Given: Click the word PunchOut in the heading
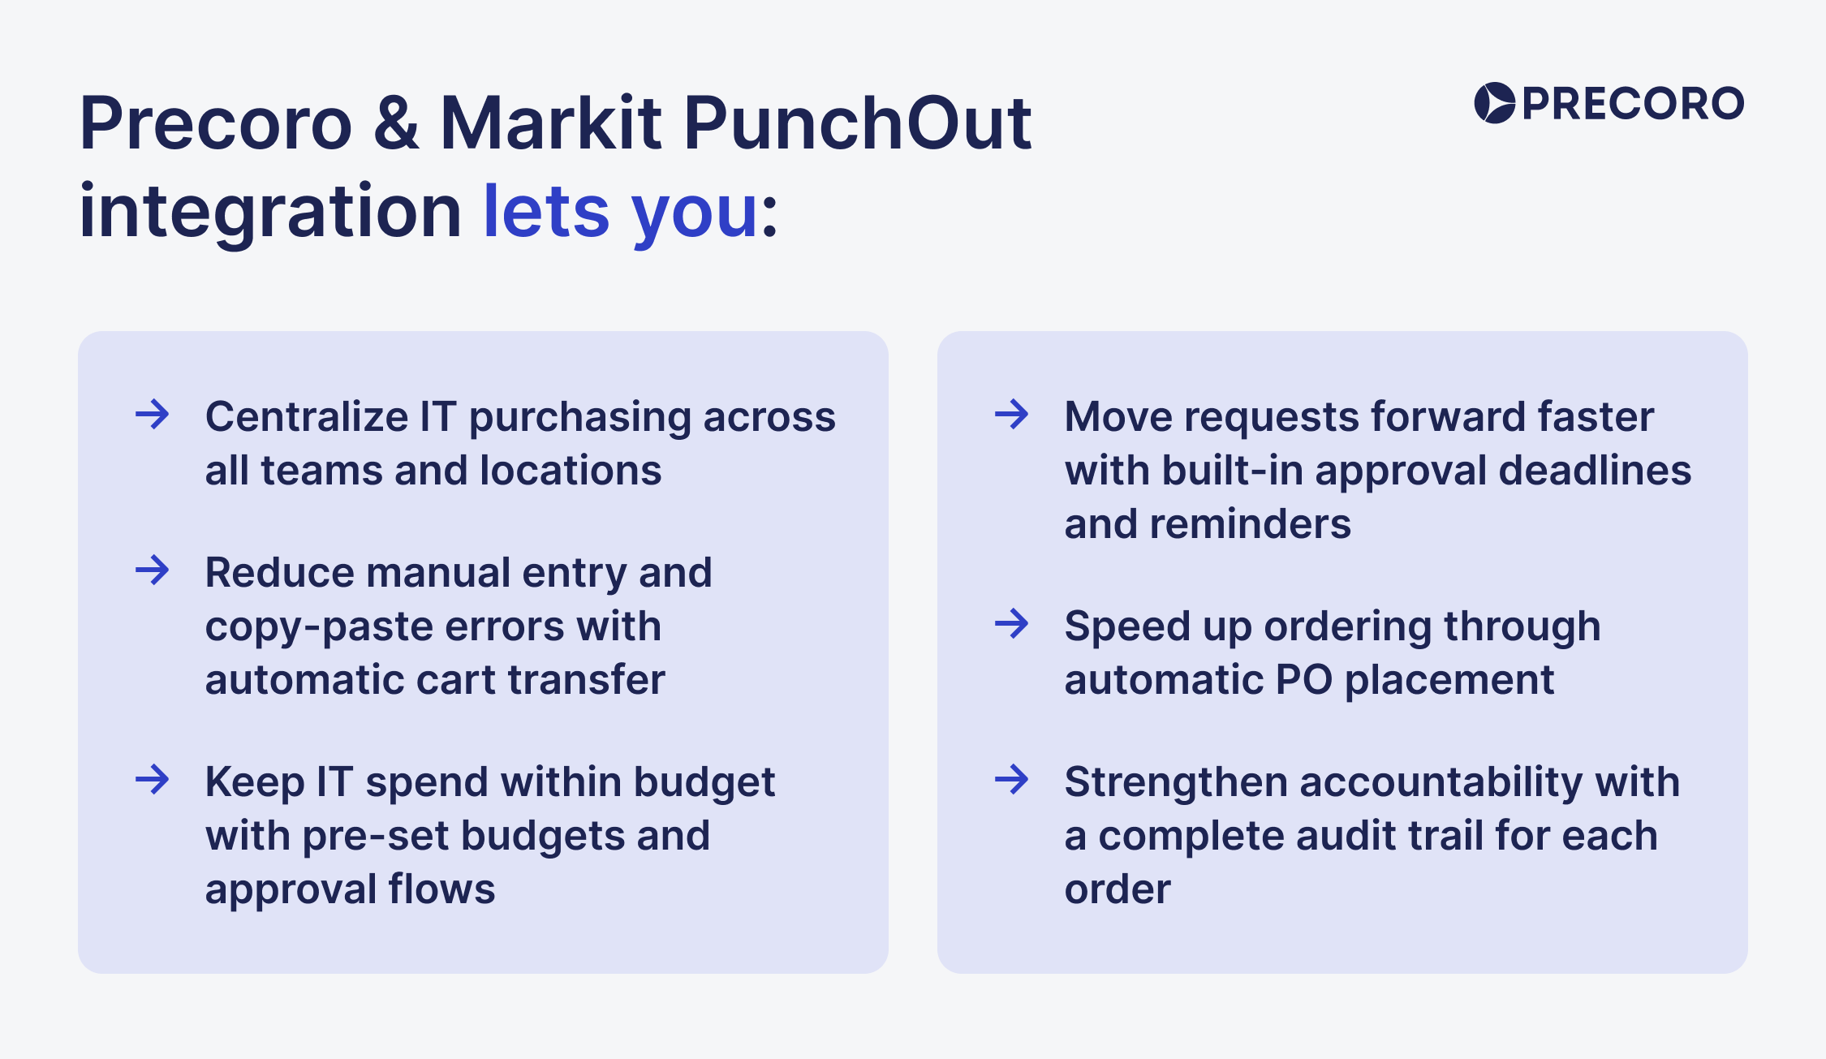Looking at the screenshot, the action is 857,123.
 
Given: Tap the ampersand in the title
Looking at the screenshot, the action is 397,123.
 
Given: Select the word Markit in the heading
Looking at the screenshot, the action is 551,123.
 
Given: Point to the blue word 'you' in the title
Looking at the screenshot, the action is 695,217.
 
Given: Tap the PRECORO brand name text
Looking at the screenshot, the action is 1633,104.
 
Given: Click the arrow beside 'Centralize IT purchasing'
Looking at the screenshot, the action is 153,415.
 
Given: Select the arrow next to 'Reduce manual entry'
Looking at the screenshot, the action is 153,570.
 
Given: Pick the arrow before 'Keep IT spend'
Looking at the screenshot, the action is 153,780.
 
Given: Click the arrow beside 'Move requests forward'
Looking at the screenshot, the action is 1012,415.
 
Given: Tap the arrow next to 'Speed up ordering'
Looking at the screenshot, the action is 1012,624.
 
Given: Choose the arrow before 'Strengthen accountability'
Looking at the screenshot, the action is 1012,780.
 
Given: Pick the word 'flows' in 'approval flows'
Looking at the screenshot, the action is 441,889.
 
